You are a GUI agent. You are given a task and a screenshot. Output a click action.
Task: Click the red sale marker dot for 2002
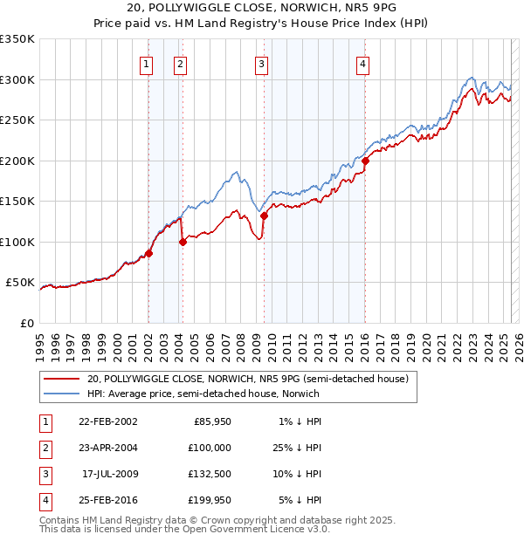[148, 253]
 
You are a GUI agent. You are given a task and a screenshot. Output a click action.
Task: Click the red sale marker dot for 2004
[183, 242]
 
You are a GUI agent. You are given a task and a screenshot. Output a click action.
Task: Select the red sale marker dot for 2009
[263, 216]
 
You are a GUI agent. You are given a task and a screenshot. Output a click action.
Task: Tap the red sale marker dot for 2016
[365, 161]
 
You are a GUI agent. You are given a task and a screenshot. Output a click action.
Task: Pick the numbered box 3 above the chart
[261, 63]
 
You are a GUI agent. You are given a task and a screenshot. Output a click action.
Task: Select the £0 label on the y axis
[26, 323]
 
